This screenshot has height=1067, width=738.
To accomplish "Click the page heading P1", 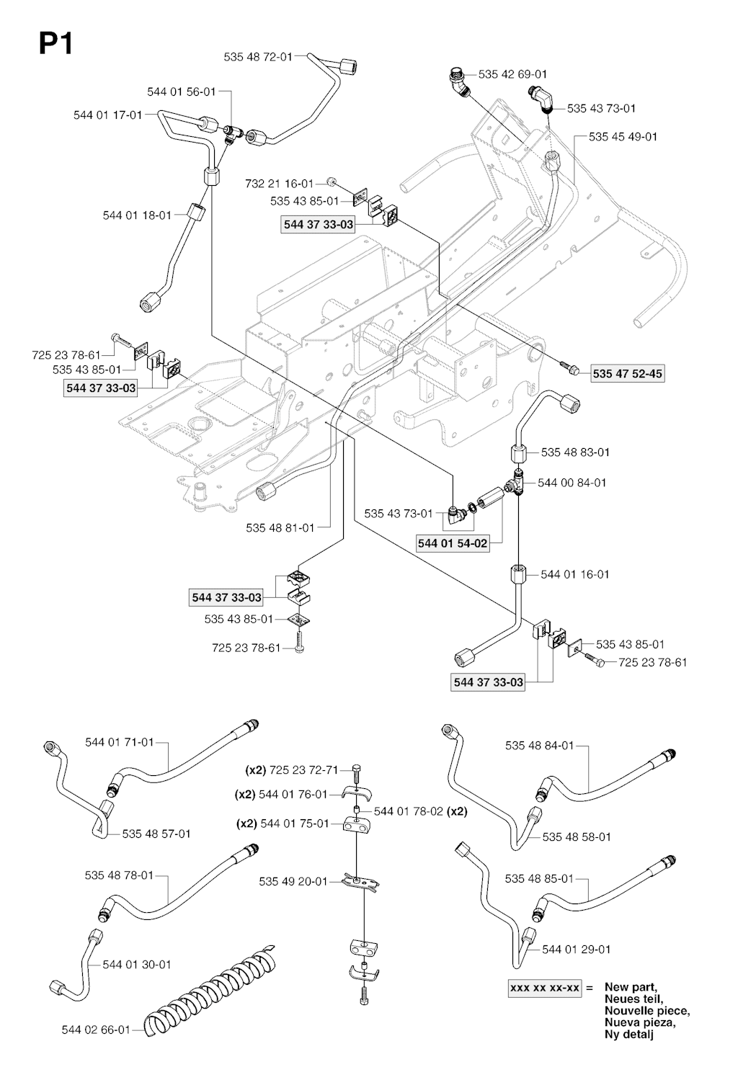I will (x=55, y=45).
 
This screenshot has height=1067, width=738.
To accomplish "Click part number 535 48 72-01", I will (x=258, y=56).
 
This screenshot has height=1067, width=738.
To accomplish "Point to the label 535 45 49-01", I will (x=623, y=136).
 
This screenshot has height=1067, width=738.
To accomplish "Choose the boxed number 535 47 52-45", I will (x=627, y=374).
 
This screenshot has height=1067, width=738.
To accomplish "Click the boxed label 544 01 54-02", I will (x=453, y=544).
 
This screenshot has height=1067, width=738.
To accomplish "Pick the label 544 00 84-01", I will (x=573, y=483).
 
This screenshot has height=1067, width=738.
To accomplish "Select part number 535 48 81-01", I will (x=280, y=528).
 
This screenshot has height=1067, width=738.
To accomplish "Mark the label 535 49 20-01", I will (x=293, y=881).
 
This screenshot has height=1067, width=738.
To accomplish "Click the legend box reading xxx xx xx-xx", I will (x=545, y=988).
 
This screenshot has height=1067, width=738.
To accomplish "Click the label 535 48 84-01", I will (x=539, y=746).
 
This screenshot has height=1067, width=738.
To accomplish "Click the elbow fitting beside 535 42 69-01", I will (x=459, y=82).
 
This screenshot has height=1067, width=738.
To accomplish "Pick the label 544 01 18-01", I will (x=137, y=215).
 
